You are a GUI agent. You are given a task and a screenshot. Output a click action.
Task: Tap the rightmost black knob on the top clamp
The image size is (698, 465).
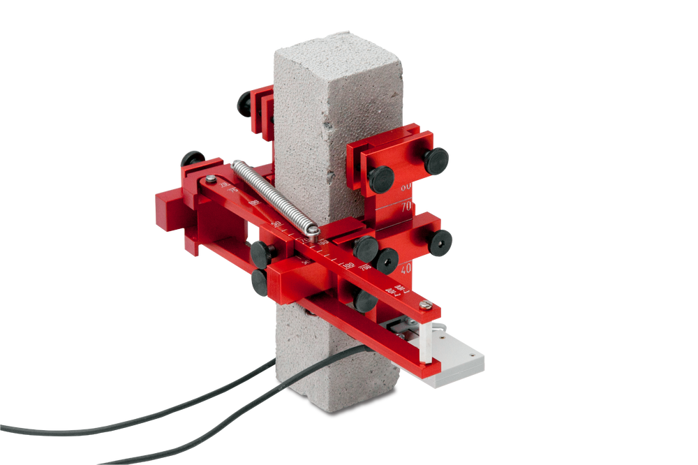coord(437,160)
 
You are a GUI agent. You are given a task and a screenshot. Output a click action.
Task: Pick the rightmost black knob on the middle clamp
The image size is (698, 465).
coord(441,243)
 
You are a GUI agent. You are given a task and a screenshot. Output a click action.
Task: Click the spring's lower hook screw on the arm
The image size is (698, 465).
coord(313,231)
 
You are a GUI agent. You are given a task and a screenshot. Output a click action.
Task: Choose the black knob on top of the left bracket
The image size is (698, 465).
coord(193,158)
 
